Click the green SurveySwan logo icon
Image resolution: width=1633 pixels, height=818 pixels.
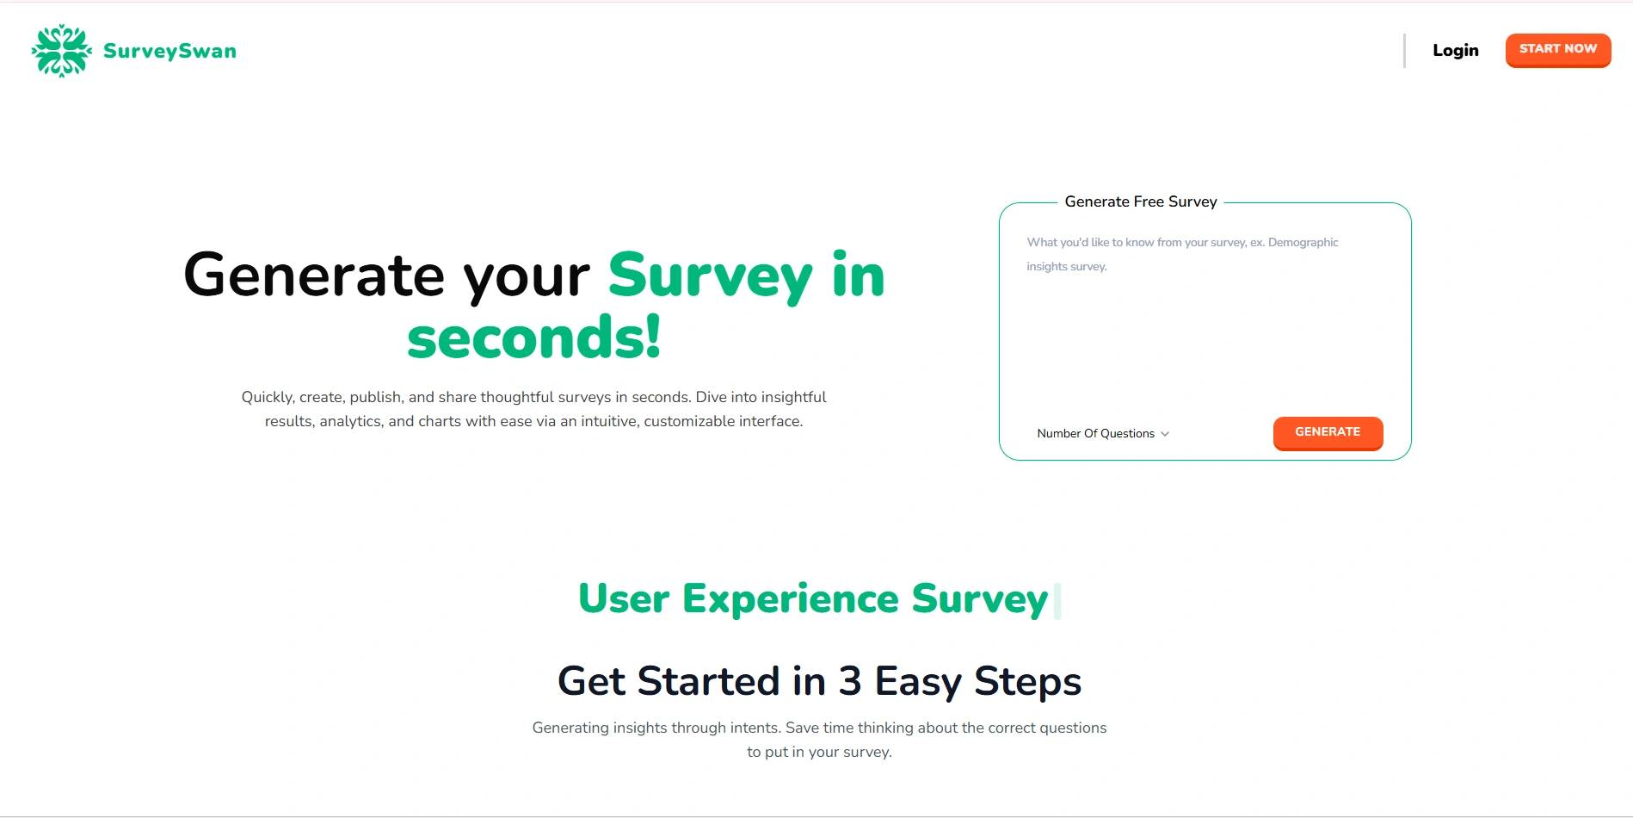(61, 51)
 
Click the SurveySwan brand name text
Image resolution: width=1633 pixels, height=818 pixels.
(169, 52)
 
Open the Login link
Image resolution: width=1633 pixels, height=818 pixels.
(1455, 51)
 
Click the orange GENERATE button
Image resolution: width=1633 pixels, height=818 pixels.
(1327, 432)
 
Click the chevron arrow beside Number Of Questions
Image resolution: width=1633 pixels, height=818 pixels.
(1165, 434)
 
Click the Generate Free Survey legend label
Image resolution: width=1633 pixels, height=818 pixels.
(1140, 201)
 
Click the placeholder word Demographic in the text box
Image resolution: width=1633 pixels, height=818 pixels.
(1303, 243)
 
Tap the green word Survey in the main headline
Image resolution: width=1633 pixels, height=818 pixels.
(710, 276)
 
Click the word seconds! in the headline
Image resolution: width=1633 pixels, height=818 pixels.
(533, 337)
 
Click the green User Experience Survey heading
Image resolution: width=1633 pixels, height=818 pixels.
(813, 598)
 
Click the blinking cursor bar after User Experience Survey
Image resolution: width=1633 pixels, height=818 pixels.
(1057, 601)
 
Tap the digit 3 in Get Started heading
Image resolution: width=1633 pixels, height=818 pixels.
(850, 681)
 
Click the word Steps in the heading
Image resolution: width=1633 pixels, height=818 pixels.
(1027, 681)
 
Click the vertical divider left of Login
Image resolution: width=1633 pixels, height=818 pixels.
(1404, 51)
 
